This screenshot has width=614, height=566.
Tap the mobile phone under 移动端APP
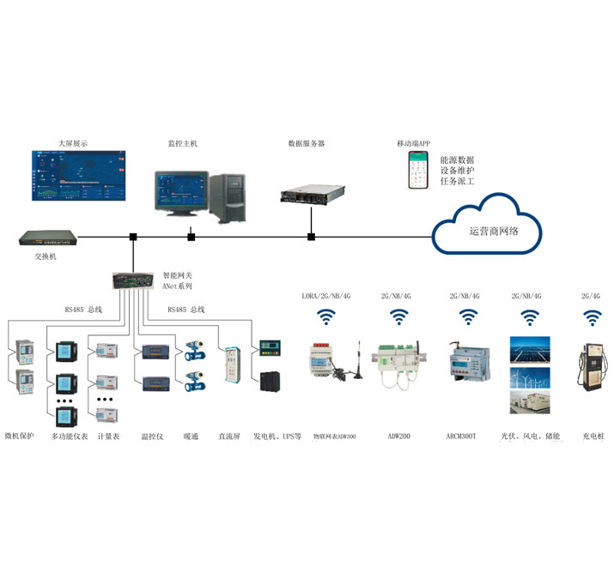(x=417, y=170)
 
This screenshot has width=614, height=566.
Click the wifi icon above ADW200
(x=400, y=319)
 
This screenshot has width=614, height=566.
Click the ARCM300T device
(x=468, y=364)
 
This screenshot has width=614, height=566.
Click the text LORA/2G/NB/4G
(x=325, y=296)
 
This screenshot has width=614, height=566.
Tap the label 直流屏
(x=229, y=437)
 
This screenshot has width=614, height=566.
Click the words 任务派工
(x=457, y=182)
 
